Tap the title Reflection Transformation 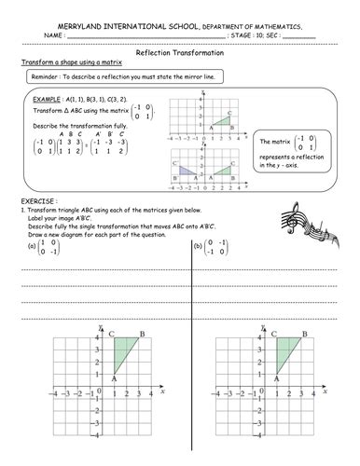180,55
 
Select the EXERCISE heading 38,200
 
